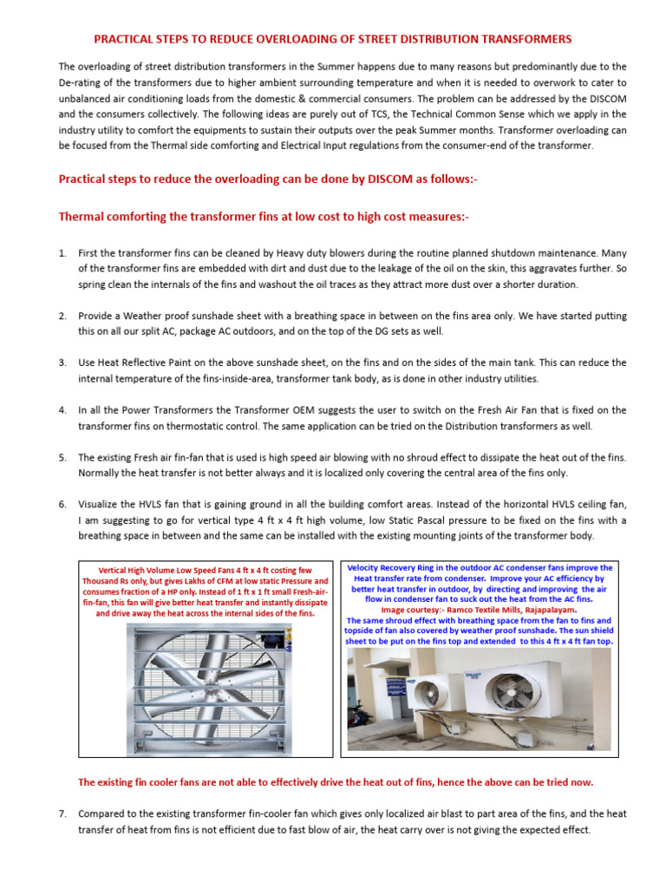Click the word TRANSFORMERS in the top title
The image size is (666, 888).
point(527,39)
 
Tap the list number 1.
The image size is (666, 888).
point(62,253)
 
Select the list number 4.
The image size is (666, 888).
point(62,409)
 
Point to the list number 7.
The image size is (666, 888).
point(62,814)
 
